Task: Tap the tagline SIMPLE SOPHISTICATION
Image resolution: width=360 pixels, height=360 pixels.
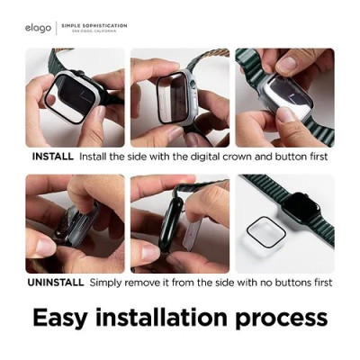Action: (94, 25)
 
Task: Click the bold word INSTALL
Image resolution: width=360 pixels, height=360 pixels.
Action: (53, 157)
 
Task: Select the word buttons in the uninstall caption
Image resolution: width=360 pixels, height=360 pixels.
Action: (283, 282)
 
